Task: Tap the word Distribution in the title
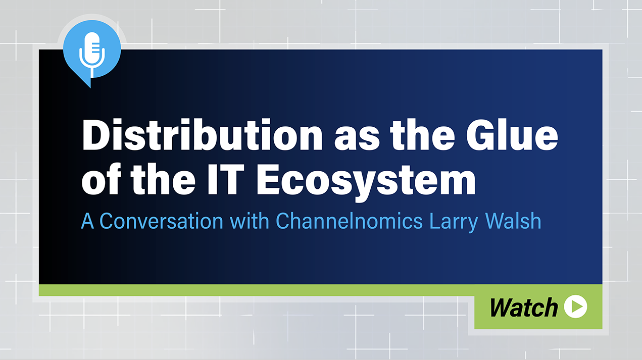(x=203, y=134)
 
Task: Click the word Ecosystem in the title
(x=366, y=180)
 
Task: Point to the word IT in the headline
(x=226, y=179)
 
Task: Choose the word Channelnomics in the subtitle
(x=349, y=221)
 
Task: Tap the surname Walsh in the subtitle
(x=513, y=221)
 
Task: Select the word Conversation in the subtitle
(x=161, y=221)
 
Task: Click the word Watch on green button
(x=524, y=307)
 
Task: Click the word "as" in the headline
(x=357, y=139)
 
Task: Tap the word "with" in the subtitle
(x=250, y=221)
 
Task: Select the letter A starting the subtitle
(x=87, y=221)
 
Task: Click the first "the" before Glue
(x=422, y=134)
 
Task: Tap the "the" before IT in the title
(x=163, y=179)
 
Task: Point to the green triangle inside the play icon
(x=577, y=306)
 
